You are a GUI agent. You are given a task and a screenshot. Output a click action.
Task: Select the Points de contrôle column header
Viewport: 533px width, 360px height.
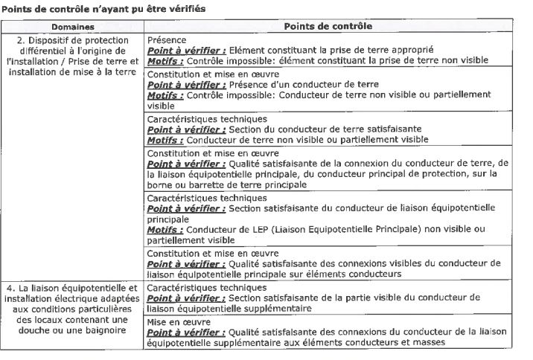pos(328,25)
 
